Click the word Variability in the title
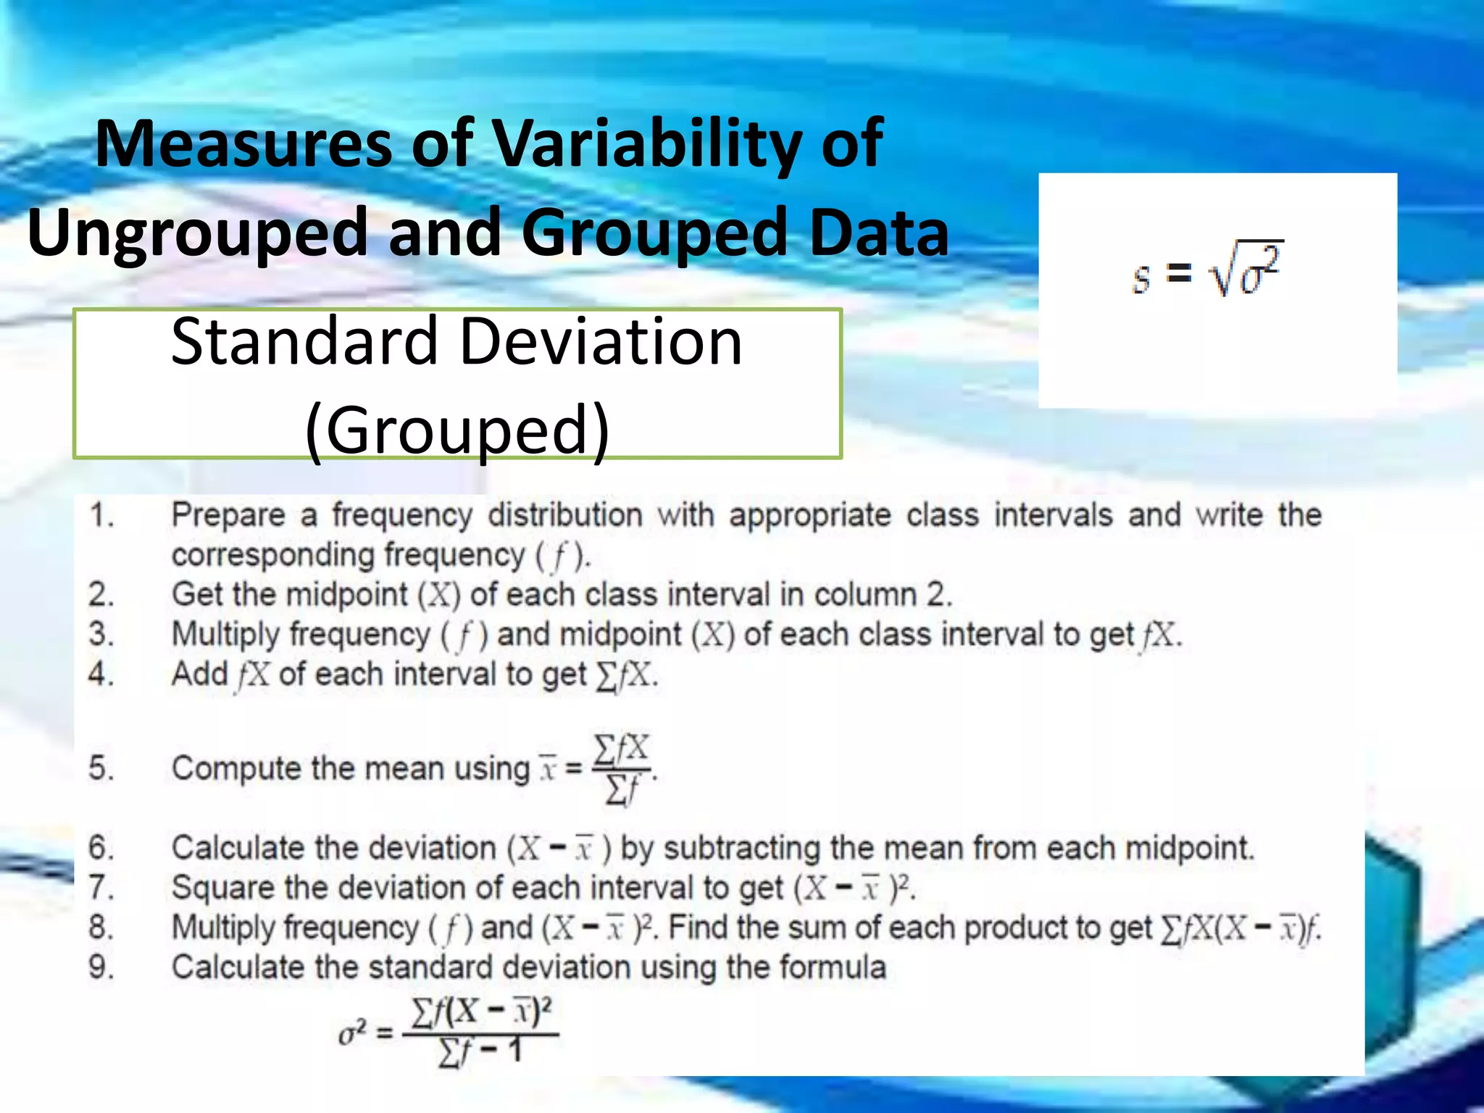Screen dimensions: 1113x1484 646,143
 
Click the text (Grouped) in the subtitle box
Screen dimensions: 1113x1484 458,430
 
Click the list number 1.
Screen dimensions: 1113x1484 101,515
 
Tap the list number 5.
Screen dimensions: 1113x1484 101,768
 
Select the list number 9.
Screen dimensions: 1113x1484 101,967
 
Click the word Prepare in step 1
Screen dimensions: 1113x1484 228,515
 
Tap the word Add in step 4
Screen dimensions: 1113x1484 199,675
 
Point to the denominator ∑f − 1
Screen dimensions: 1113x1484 480,1053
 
